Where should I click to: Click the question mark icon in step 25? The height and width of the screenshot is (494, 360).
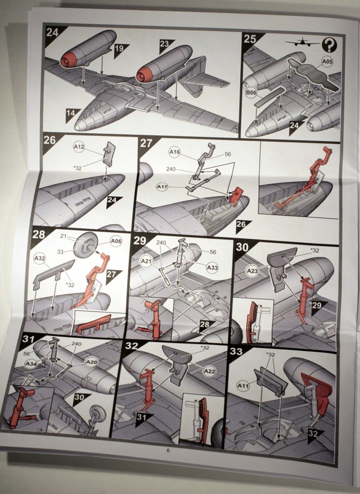pos(330,45)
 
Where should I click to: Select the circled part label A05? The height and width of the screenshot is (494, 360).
pos(327,61)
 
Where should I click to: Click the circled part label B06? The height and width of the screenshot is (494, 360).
pos(251,93)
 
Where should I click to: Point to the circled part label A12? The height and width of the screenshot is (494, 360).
pos(79,147)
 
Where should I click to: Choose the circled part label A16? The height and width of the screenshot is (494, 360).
pos(174,152)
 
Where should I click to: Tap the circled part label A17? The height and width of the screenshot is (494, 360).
pos(163,187)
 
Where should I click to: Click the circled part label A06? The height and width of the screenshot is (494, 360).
pos(116,241)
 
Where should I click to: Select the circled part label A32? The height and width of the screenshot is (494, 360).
pos(39,259)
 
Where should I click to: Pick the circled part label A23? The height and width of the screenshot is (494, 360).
pos(252,271)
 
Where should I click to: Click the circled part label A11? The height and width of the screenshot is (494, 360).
pos(243,386)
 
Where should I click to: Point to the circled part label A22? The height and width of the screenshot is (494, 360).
pos(209,371)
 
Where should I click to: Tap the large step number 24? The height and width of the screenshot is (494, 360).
pos(52,32)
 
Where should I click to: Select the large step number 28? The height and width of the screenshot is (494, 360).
pos(38,234)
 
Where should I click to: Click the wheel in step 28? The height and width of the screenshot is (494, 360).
pos(85,245)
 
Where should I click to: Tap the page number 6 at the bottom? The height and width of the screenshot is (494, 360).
pos(168,451)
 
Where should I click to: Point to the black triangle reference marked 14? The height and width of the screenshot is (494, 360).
pos(71,114)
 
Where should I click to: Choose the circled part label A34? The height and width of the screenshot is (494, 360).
pos(31,364)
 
